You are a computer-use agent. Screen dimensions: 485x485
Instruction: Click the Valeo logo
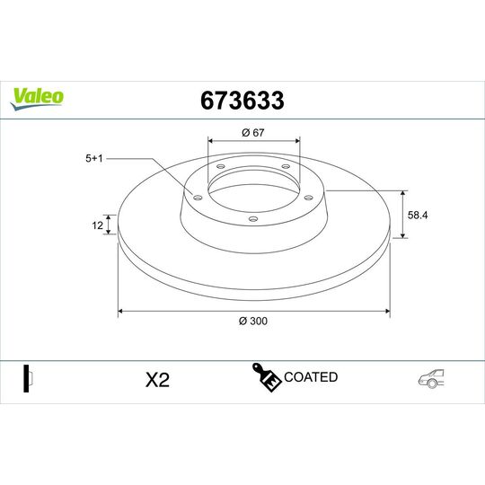(36, 96)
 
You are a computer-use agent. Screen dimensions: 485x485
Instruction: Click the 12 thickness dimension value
(97, 225)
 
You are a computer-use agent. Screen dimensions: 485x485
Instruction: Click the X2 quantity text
(157, 379)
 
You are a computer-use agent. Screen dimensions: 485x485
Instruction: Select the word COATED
(310, 377)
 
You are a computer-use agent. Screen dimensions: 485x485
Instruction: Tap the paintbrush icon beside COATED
(268, 379)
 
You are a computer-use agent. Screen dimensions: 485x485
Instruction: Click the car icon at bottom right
(430, 379)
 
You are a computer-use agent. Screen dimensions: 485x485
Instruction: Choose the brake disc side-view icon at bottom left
(27, 379)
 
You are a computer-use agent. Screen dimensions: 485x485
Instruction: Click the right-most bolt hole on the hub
(308, 198)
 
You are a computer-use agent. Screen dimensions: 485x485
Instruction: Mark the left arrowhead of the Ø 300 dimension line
(121, 312)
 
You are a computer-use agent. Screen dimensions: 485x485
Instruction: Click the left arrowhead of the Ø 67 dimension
(211, 141)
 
